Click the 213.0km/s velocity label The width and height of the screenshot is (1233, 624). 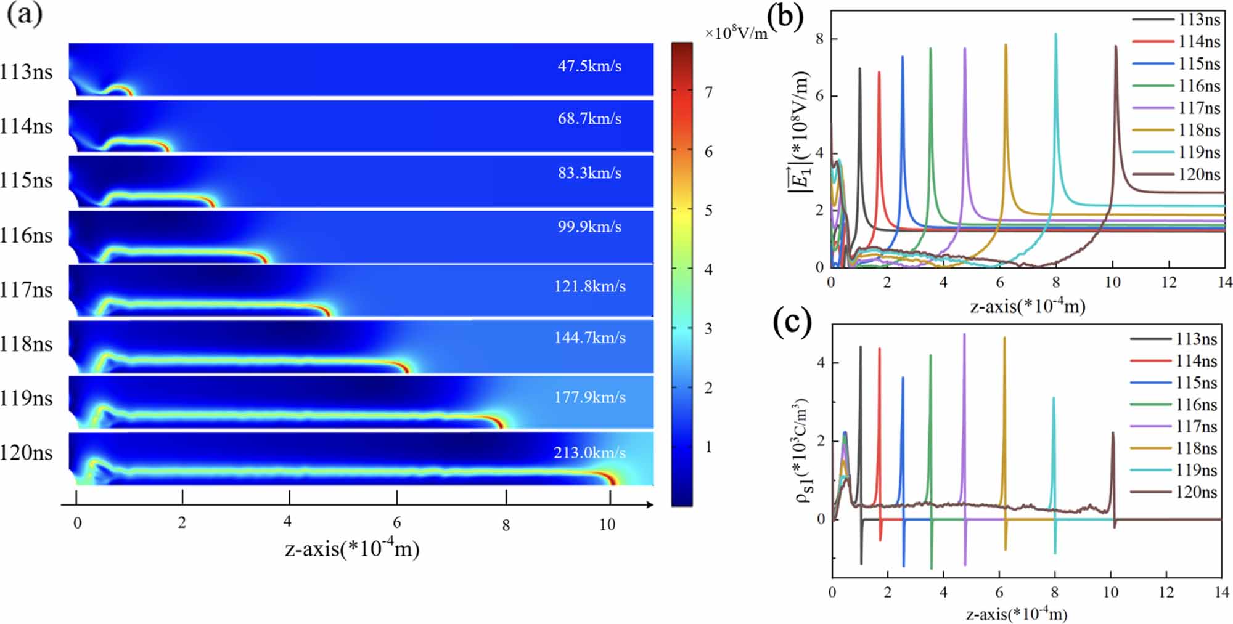[589, 453]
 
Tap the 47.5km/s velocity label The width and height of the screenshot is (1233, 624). [589, 66]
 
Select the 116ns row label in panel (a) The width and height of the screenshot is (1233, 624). [27, 235]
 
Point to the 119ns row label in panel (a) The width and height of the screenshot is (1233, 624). [27, 398]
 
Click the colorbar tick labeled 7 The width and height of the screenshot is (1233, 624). [709, 92]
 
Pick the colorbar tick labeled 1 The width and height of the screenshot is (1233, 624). [709, 447]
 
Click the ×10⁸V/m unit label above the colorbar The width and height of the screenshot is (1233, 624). [736, 33]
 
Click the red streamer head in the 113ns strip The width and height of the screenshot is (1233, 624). [128, 92]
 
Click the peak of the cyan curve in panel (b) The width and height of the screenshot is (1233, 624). [1055, 34]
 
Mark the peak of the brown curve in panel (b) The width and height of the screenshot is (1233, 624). [1116, 46]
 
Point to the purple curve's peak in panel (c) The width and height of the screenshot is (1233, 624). [964, 334]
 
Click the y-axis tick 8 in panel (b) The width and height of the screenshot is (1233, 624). [819, 39]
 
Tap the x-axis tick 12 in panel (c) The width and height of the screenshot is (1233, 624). [1166, 592]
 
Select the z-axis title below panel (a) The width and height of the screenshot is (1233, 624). [352, 548]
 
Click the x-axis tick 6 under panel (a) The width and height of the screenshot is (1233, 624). [397, 523]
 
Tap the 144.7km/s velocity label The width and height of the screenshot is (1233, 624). [589, 338]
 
